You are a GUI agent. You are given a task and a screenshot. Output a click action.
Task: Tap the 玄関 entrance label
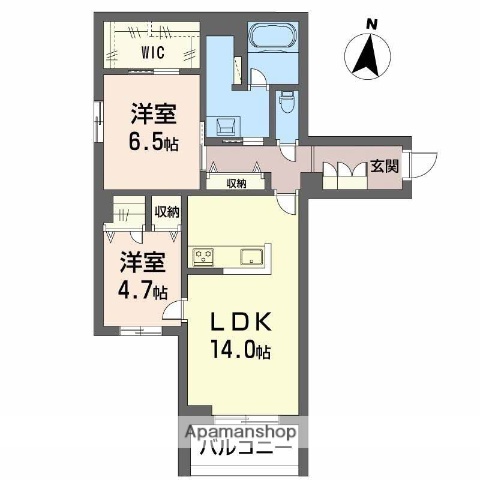click(386, 167)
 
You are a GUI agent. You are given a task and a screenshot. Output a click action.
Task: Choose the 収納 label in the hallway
click(237, 182)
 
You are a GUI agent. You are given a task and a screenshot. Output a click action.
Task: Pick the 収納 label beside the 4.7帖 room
click(166, 212)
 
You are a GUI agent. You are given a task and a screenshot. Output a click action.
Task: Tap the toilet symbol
click(287, 99)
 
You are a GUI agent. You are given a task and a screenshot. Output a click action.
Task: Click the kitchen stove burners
click(203, 258)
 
